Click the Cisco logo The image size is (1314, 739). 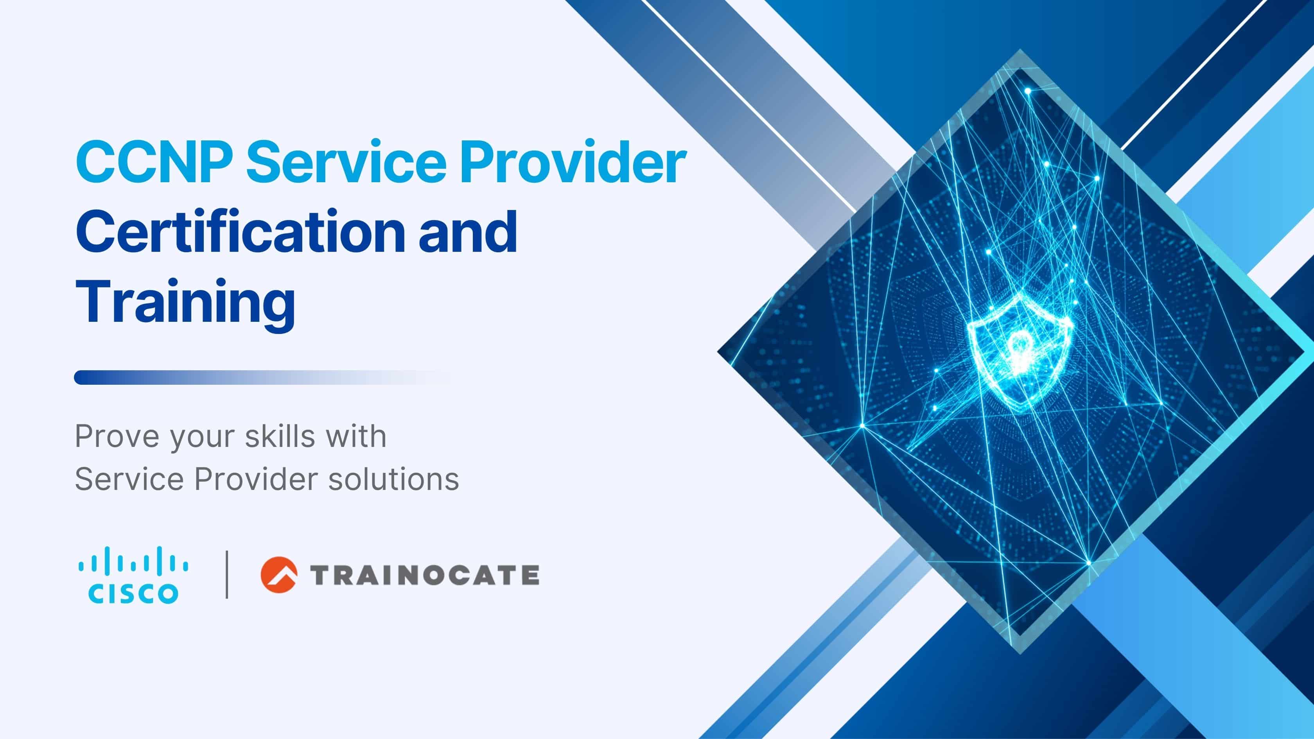133,575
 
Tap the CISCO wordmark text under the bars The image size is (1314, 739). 133,594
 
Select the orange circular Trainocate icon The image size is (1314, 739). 279,575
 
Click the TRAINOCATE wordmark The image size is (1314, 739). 424,575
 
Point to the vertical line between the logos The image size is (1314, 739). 227,574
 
